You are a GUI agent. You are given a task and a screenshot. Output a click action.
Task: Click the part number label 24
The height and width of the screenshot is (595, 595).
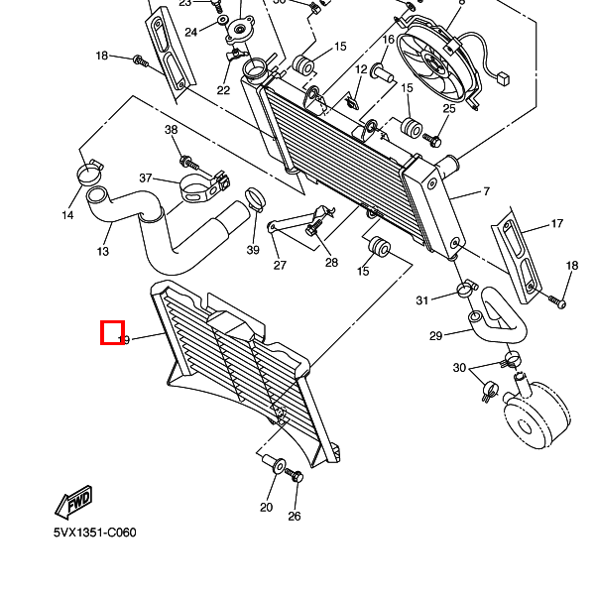pyautogui.click(x=191, y=32)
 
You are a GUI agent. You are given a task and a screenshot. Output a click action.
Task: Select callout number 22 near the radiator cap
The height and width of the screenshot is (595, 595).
pyautogui.click(x=223, y=90)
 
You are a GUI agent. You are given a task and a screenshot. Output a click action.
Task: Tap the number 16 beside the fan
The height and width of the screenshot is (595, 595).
pyautogui.click(x=388, y=40)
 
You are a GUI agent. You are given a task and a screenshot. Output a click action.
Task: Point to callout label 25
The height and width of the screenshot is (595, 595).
pyautogui.click(x=449, y=108)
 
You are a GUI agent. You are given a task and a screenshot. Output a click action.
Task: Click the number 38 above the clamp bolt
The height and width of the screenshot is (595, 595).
pyautogui.click(x=171, y=130)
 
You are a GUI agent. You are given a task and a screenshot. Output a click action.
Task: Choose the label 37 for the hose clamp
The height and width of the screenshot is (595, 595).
pyautogui.click(x=146, y=178)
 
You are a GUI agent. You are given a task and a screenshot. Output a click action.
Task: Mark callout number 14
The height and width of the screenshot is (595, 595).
pyautogui.click(x=68, y=215)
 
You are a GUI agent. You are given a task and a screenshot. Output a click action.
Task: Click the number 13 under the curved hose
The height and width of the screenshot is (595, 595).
pyautogui.click(x=103, y=252)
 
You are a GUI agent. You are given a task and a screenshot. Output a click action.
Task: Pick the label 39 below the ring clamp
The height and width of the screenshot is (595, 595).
pyautogui.click(x=253, y=250)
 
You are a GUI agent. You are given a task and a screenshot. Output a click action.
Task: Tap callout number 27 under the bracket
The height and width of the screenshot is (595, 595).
pyautogui.click(x=280, y=265)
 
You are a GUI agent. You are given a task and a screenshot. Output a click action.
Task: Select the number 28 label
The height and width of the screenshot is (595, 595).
pyautogui.click(x=331, y=263)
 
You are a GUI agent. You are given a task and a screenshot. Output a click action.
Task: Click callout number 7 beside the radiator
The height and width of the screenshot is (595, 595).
pyautogui.click(x=487, y=191)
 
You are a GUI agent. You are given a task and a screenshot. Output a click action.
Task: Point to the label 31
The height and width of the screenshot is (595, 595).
pyautogui.click(x=421, y=300)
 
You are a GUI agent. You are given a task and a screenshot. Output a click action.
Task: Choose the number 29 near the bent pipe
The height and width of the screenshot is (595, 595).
pyautogui.click(x=435, y=336)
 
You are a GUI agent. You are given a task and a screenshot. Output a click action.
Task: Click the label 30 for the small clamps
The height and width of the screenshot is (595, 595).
pyautogui.click(x=459, y=368)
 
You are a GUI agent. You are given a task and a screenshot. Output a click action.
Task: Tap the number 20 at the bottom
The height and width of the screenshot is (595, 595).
pyautogui.click(x=266, y=508)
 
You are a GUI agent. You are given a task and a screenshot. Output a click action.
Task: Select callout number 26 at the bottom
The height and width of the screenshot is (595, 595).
pyautogui.click(x=294, y=516)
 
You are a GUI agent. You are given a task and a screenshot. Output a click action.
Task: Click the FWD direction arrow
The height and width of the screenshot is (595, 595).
pyautogui.click(x=74, y=504)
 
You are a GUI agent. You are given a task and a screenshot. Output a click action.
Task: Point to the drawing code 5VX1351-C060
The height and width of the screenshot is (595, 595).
pyautogui.click(x=95, y=533)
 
